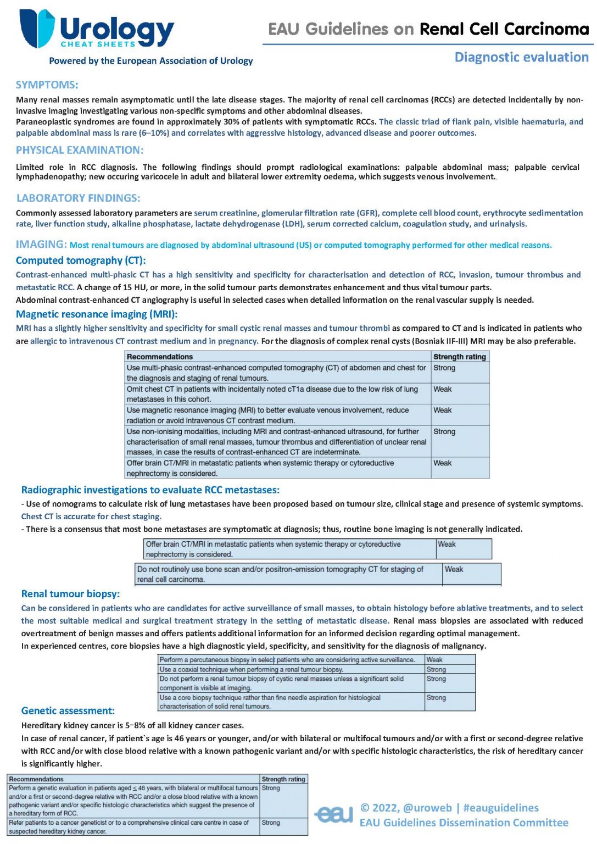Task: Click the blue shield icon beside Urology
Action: pyautogui.click(x=37, y=28)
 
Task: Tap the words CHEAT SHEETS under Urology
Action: pyautogui.click(x=98, y=44)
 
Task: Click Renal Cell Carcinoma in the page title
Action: pyautogui.click(x=504, y=29)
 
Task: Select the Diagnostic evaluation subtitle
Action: pyautogui.click(x=521, y=57)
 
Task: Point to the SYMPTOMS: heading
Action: pyautogui.click(x=47, y=85)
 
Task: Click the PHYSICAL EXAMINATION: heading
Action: pyautogui.click(x=80, y=150)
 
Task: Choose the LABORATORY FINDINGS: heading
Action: pyautogui.click(x=78, y=198)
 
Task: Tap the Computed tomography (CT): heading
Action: pyautogui.click(x=81, y=260)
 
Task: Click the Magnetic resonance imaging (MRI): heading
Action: pyautogui.click(x=97, y=314)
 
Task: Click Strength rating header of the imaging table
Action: pyautogui.click(x=460, y=357)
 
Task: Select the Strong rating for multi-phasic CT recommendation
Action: pyautogui.click(x=444, y=368)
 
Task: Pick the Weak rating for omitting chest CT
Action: pyautogui.click(x=443, y=389)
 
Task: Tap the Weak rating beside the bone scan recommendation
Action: pyautogui.click(x=454, y=569)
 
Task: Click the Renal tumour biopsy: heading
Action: pyautogui.click(x=70, y=593)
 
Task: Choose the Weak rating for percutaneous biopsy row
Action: pyautogui.click(x=434, y=659)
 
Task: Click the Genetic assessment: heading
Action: pyautogui.click(x=68, y=710)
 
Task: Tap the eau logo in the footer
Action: pyautogui.click(x=334, y=814)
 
